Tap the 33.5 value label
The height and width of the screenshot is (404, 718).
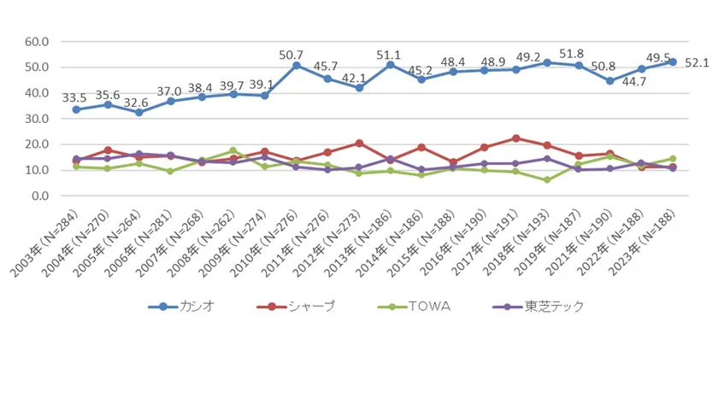coord(74,97)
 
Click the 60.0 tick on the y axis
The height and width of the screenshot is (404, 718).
coord(38,41)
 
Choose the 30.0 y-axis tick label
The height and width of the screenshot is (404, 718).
coord(38,119)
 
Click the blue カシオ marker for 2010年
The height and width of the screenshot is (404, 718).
coord(296,65)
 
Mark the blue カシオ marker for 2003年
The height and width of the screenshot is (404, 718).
coord(76,109)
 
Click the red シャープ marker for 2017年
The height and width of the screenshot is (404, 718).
coord(515,138)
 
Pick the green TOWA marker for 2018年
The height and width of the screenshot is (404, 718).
coord(547,179)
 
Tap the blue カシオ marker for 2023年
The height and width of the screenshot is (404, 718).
coord(673,61)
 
